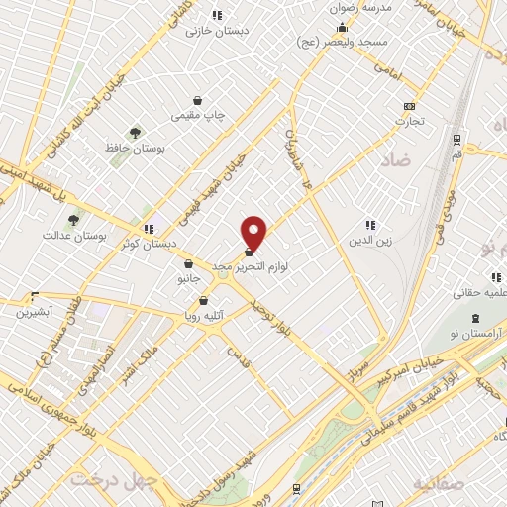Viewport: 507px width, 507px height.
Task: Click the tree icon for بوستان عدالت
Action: point(74,220)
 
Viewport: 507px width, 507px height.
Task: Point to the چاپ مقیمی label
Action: point(199,116)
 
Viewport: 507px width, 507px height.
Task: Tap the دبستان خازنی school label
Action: point(217,30)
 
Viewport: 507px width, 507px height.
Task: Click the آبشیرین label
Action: point(36,311)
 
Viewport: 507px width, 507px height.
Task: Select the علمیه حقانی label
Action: point(480,293)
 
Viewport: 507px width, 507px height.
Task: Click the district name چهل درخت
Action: point(115,479)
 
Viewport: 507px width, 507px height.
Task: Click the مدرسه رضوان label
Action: point(364,7)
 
